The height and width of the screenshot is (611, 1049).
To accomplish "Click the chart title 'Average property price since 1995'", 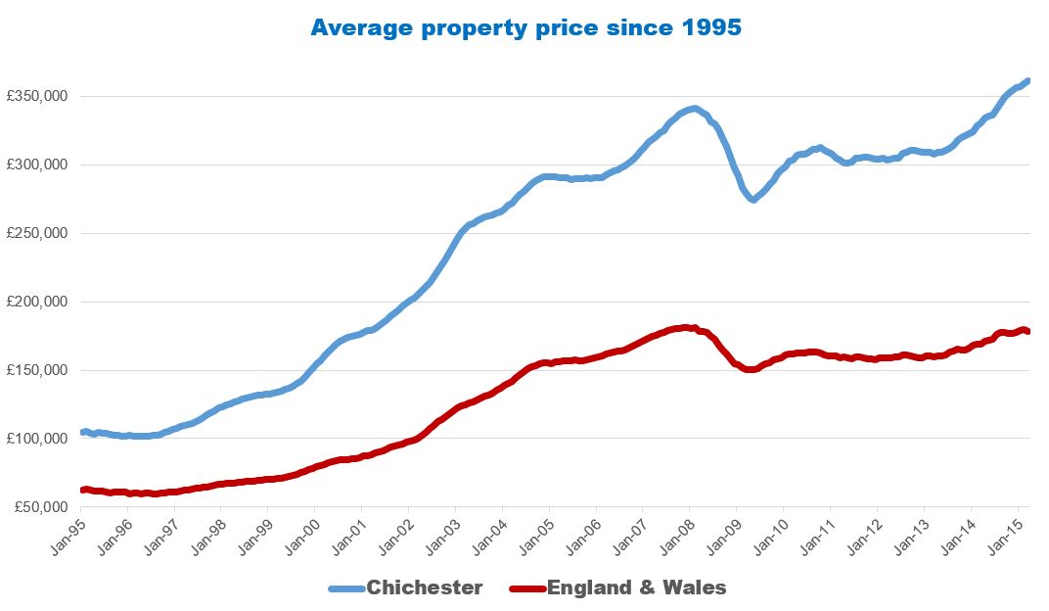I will click(525, 27).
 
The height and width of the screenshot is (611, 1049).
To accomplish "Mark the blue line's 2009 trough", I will click(753, 199).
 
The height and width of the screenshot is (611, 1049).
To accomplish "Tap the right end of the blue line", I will click(1026, 81).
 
